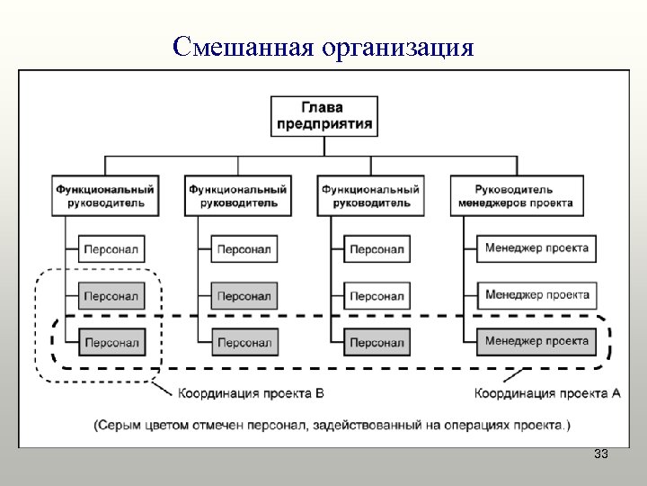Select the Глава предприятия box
pos(323,115)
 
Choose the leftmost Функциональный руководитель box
pos(105,196)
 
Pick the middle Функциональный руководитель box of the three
pos(238,196)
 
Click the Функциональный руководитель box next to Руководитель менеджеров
pos(370,196)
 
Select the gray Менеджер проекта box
pos(536,341)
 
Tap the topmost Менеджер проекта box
pos(536,248)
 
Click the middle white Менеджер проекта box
pos(536,294)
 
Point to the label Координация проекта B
pos(251,393)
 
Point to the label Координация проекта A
pos(547,393)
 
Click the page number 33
pos(601,455)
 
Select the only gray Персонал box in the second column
pos(244,295)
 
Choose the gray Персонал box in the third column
pos(377,342)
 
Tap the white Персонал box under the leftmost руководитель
pos(111,249)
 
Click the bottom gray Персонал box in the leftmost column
pos(111,342)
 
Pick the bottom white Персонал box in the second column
pos(244,342)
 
